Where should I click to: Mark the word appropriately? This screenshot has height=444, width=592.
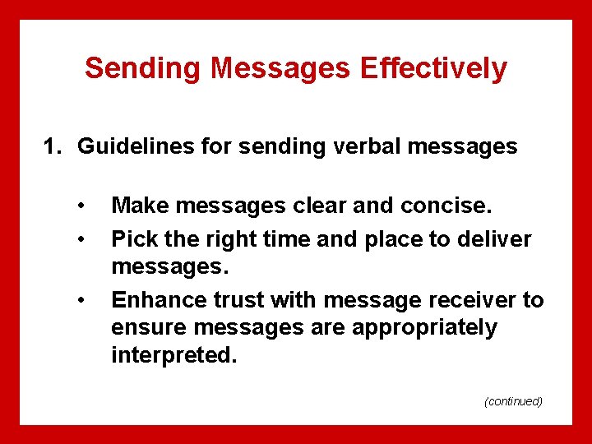coord(424,328)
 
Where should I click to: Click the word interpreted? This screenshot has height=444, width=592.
coord(169,356)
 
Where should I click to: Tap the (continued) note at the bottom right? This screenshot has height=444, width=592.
coord(513,401)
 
